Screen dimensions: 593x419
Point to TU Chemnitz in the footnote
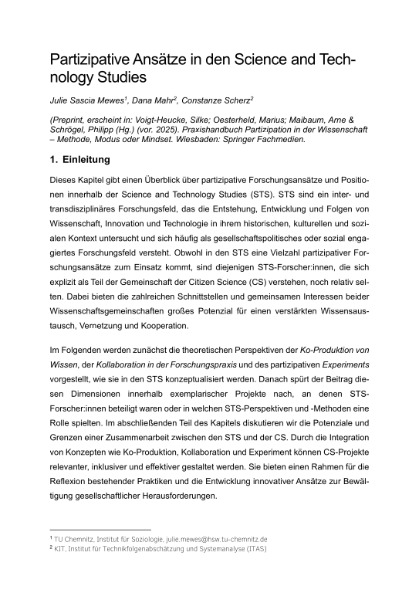[74, 538]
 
